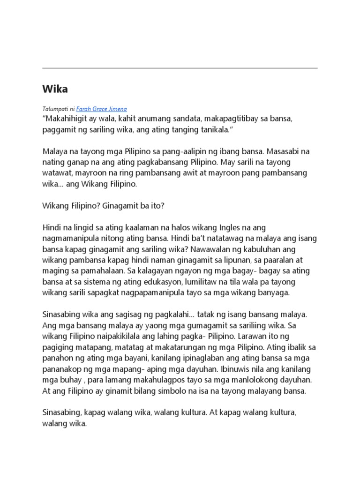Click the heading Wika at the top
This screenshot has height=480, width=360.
pos(55,89)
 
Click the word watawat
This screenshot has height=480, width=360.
pos(57,173)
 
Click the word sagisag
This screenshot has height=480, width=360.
pos(114,314)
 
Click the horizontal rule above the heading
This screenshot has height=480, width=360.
pos(180,68)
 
